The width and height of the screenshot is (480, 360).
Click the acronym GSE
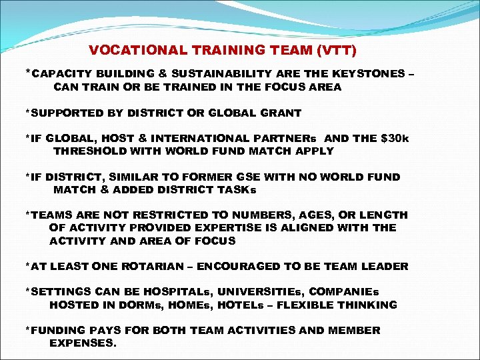255,177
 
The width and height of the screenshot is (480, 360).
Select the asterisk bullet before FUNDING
27,329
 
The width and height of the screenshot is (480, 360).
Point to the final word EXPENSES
83,343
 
